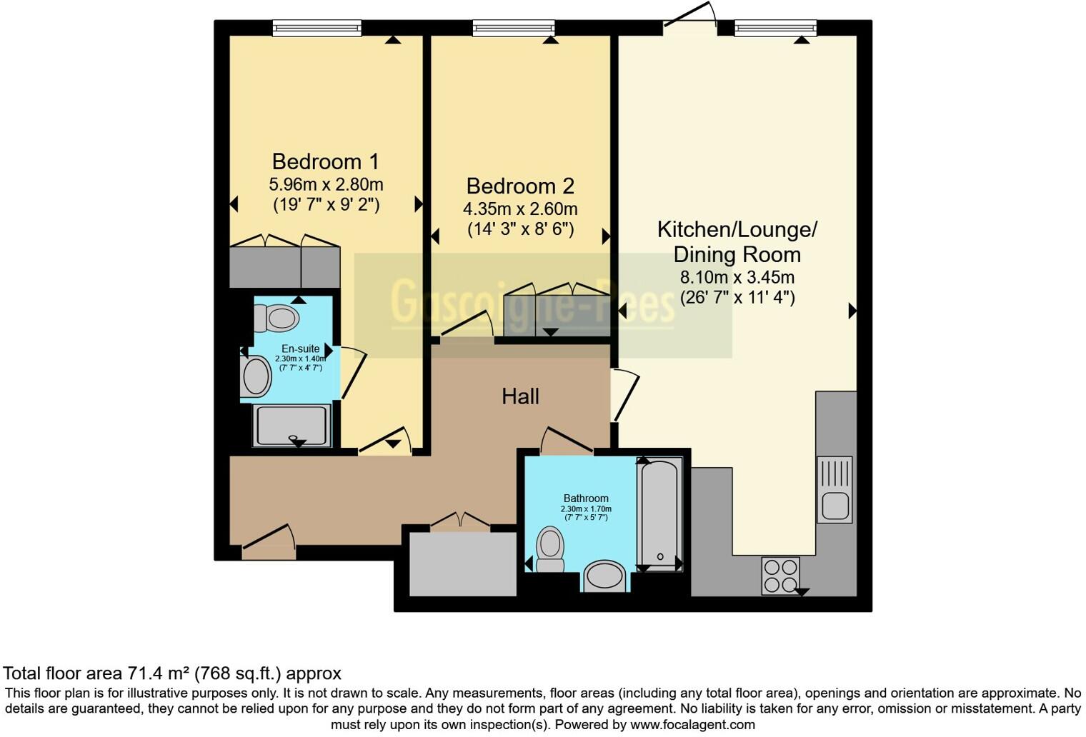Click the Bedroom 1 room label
tap(325, 161)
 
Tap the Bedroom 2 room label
tap(520, 186)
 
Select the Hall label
tap(520, 397)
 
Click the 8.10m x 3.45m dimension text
tap(737, 278)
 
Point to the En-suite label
tap(300, 349)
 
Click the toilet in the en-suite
tap(277, 318)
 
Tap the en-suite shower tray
tap(292, 425)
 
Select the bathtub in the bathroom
tap(659, 513)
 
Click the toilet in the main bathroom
tap(550, 548)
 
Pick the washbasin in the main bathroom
tap(604, 576)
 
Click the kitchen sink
tap(835, 491)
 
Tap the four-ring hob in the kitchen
tap(780, 576)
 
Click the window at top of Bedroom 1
tap(317, 29)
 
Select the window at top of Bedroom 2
tap(513, 29)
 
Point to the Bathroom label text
tap(586, 498)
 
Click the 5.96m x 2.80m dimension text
tap(326, 184)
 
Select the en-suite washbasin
tap(256, 376)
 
